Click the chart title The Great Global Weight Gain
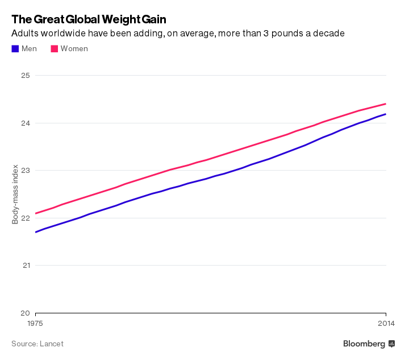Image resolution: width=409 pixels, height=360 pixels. point(89,19)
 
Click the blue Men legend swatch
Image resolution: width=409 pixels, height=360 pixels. point(15,49)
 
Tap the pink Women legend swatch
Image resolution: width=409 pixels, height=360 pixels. point(55,49)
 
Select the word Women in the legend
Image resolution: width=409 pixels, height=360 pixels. point(74,49)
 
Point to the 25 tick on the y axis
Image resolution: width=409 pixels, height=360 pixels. point(26,76)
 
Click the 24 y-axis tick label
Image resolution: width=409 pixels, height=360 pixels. point(26,123)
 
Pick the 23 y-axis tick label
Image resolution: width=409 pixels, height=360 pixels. point(26,171)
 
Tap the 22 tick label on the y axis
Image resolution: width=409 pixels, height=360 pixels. point(26,218)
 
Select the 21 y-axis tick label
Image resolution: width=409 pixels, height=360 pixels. point(26,266)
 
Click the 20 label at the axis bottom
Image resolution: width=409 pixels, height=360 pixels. point(26,313)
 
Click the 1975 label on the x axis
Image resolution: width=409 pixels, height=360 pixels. point(35,324)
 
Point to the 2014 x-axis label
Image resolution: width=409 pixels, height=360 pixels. point(386,324)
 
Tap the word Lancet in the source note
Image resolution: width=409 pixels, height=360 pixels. point(52,344)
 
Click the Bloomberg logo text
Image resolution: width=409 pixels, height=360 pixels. point(364,344)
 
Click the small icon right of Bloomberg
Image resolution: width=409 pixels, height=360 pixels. point(391,344)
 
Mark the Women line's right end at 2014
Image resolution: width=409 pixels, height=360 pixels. point(386,104)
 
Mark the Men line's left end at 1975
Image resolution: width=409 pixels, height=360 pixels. point(36,232)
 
